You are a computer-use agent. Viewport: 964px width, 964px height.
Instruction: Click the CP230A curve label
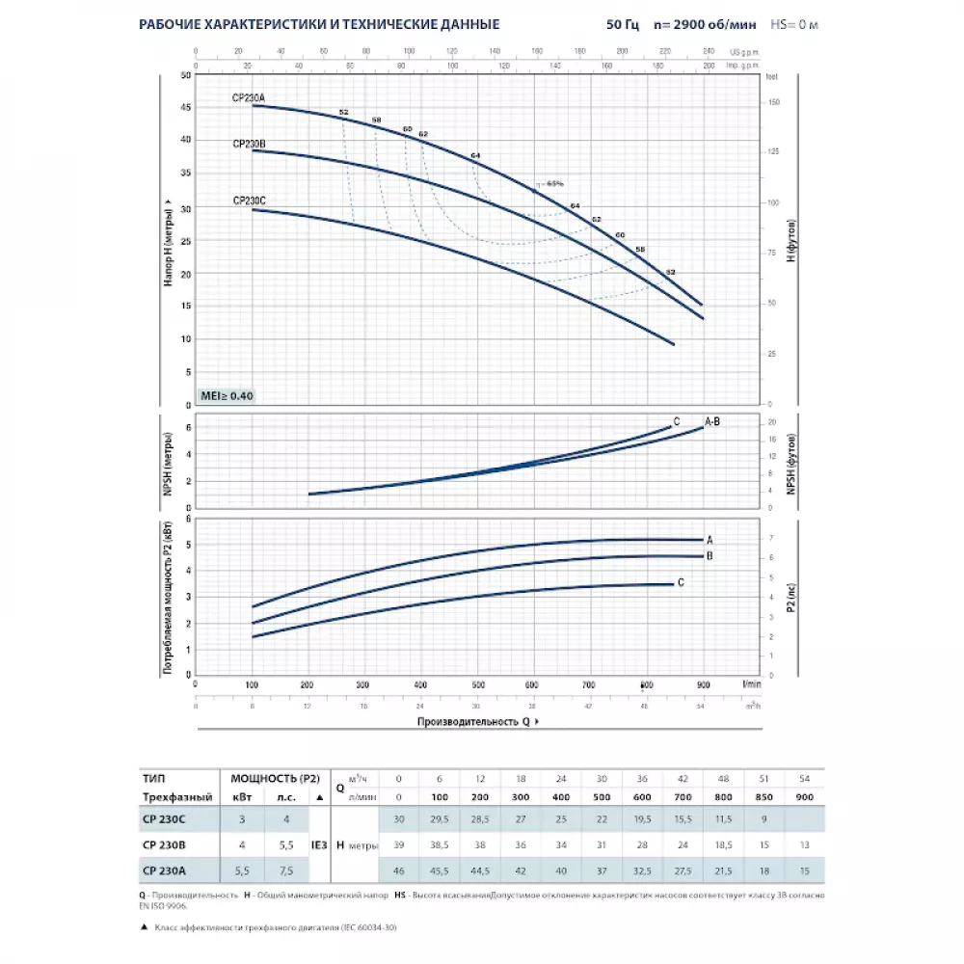click(249, 97)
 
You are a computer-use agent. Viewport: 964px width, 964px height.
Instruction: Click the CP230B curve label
click(249, 144)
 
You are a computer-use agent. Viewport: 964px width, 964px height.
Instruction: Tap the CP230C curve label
click(249, 201)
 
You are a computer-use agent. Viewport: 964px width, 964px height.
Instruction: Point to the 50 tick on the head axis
click(185, 73)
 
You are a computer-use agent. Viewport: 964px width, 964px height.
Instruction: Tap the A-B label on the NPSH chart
click(713, 421)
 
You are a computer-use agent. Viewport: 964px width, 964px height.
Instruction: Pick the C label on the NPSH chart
click(677, 421)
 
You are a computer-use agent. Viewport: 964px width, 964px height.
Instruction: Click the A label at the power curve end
click(710, 540)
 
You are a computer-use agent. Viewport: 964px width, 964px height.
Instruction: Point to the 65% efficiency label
click(553, 183)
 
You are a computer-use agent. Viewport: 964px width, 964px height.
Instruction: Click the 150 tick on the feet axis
click(772, 101)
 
